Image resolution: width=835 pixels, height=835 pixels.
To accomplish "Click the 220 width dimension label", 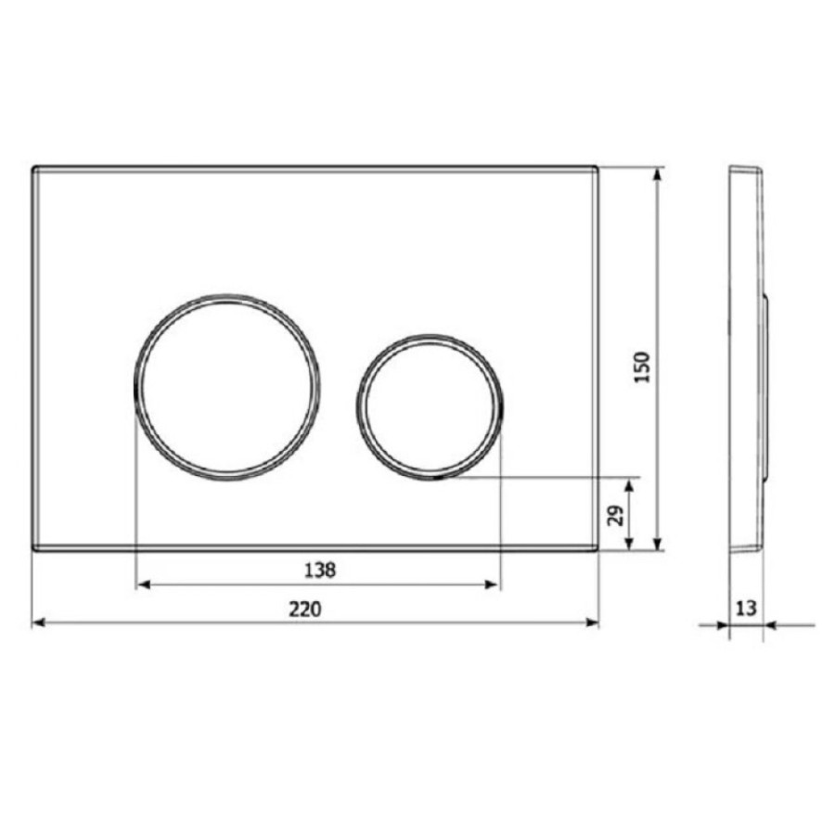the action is coord(305,609).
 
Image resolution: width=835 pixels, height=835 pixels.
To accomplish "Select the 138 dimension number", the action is coord(320,571).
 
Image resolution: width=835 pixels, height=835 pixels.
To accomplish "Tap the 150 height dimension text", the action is coord(642,366).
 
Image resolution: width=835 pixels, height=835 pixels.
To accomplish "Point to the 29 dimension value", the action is coord(616,516).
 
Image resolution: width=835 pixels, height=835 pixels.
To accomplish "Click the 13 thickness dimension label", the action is coord(746,608).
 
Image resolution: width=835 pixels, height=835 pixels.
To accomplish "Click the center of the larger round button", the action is coord(227,387).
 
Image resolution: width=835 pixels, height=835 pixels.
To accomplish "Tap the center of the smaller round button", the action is coord(430,407).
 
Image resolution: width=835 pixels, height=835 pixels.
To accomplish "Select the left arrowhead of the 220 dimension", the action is coord(39,623).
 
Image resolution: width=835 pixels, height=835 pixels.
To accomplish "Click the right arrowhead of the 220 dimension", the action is coord(592,623).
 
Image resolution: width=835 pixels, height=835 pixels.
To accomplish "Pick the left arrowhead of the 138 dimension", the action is coord(144,584).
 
